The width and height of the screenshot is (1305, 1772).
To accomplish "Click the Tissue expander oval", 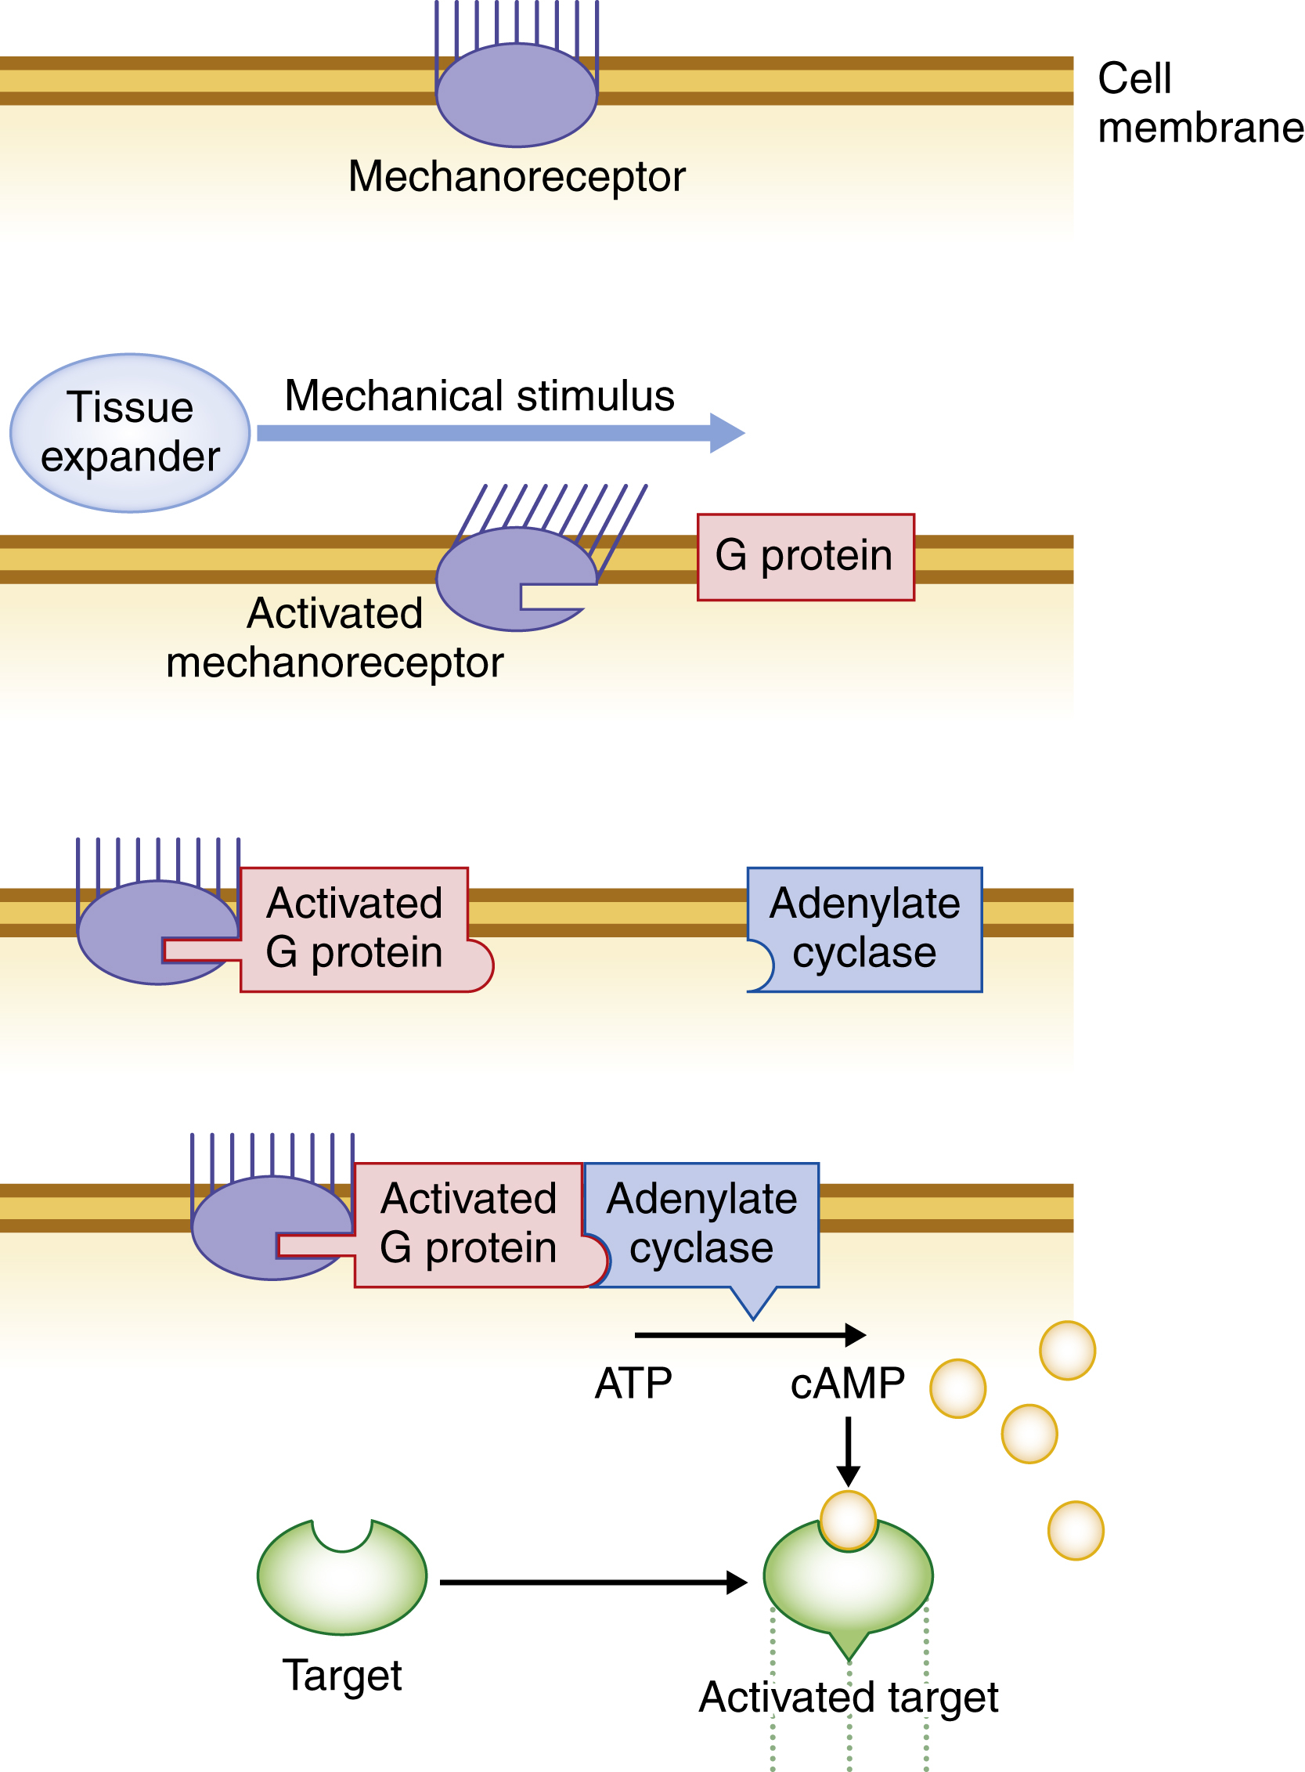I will pyautogui.click(x=130, y=432).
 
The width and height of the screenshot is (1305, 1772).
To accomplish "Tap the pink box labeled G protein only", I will pyautogui.click(x=805, y=557).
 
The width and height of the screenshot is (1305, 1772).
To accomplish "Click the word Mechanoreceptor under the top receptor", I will pyautogui.click(x=517, y=176).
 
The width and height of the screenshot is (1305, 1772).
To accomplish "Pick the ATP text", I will pyautogui.click(x=633, y=1384).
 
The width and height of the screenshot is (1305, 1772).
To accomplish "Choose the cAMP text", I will pyautogui.click(x=847, y=1384).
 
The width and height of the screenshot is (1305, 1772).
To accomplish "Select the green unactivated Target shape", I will pyautogui.click(x=342, y=1580).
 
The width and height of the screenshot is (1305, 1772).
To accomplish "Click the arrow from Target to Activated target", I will pyautogui.click(x=593, y=1583).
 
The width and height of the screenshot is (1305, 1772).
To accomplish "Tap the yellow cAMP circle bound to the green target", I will pyautogui.click(x=848, y=1519).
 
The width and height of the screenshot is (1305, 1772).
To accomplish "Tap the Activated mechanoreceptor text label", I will pyautogui.click(x=334, y=637).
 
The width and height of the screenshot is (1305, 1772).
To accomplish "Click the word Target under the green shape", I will pyautogui.click(x=342, y=1675).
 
